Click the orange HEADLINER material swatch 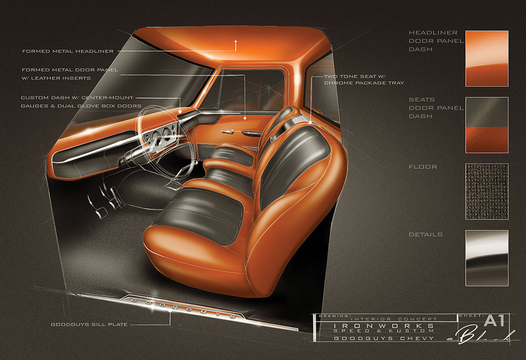pyautogui.click(x=486, y=58)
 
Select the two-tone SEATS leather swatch pyautogui.click(x=486, y=125)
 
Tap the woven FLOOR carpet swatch pyautogui.click(x=486, y=191)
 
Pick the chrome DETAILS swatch pyautogui.click(x=486, y=258)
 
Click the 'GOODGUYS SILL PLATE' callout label pyautogui.click(x=88, y=324)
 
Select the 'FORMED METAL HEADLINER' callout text pyautogui.click(x=67, y=51)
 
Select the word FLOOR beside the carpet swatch pyautogui.click(x=423, y=166)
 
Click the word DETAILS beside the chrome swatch pyautogui.click(x=425, y=234)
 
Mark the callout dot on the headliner pyautogui.click(x=236, y=43)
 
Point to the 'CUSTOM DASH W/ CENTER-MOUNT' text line pyautogui.click(x=77, y=98)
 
